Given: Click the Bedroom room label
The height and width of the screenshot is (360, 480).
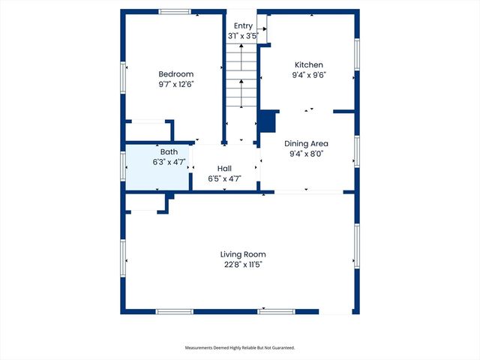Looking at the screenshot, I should [x=176, y=73].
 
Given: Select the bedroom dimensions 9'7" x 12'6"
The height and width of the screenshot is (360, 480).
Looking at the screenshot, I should [x=176, y=84].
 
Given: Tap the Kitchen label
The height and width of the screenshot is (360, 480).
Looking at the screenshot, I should [x=308, y=64].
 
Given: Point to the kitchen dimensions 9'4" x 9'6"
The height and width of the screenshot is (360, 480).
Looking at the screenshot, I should [x=308, y=75].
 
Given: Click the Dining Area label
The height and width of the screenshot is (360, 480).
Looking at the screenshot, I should [x=306, y=143].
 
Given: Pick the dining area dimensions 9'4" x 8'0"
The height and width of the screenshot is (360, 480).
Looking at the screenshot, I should [x=306, y=154].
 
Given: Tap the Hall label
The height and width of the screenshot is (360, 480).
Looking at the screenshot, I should [x=225, y=169].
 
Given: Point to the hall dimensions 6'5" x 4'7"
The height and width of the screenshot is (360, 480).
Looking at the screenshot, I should [x=225, y=178].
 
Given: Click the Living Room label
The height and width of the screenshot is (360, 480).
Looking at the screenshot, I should [x=243, y=254].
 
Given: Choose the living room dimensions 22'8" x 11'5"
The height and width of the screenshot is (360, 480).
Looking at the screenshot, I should [x=243, y=264].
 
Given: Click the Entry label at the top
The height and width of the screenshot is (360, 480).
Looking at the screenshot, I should [x=243, y=25].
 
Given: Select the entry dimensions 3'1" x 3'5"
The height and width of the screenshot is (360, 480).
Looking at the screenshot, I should [x=243, y=35].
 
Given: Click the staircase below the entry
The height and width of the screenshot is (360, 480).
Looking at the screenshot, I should [x=241, y=75].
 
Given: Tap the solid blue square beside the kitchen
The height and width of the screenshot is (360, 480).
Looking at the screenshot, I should [x=267, y=121].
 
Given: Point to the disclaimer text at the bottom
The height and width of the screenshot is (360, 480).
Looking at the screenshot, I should [x=240, y=348].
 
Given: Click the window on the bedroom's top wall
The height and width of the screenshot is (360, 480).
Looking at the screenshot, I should [x=174, y=11].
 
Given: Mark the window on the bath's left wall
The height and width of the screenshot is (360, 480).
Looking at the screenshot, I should [x=123, y=163].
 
